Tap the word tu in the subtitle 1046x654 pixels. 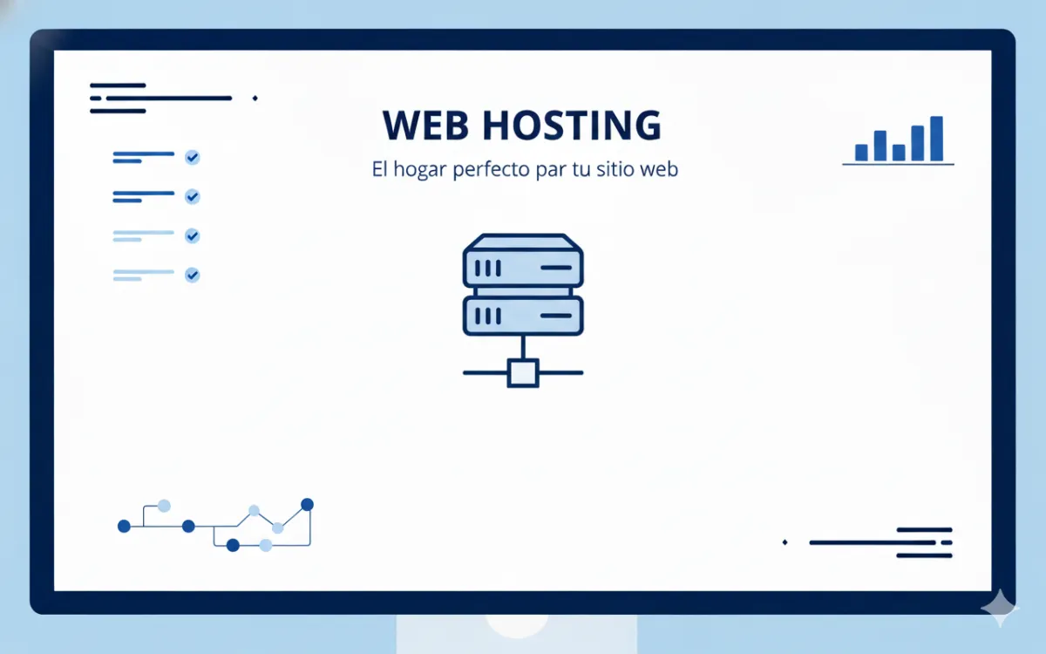(x=581, y=169)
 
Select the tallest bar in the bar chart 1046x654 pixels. (x=936, y=139)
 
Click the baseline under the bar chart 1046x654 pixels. (x=898, y=164)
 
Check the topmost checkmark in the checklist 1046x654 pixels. (x=193, y=157)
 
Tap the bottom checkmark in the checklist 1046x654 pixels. (x=193, y=275)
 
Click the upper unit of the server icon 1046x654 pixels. (x=522, y=263)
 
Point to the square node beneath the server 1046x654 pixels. (x=522, y=372)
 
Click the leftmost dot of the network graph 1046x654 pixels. (x=124, y=526)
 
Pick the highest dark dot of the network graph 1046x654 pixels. (x=307, y=504)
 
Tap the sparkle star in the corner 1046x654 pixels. (x=999, y=608)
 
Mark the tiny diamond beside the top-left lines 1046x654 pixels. (x=255, y=98)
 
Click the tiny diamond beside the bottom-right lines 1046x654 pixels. (x=785, y=542)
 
